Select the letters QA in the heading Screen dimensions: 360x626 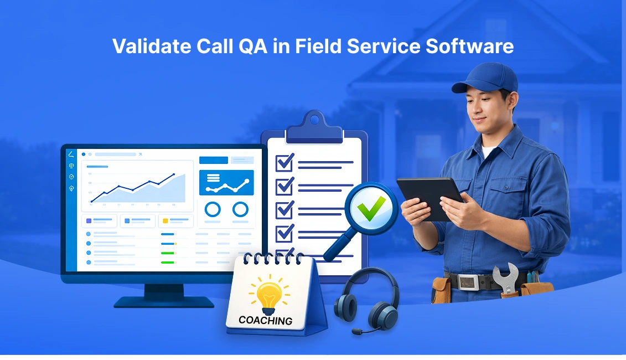[253, 47]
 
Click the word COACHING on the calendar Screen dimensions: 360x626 [265, 320]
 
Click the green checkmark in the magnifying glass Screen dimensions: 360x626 [371, 209]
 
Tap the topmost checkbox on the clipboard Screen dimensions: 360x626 [284, 162]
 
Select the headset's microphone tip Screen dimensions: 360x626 [355, 332]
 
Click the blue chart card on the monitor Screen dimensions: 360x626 [226, 182]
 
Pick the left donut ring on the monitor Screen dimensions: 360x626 [213, 209]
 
